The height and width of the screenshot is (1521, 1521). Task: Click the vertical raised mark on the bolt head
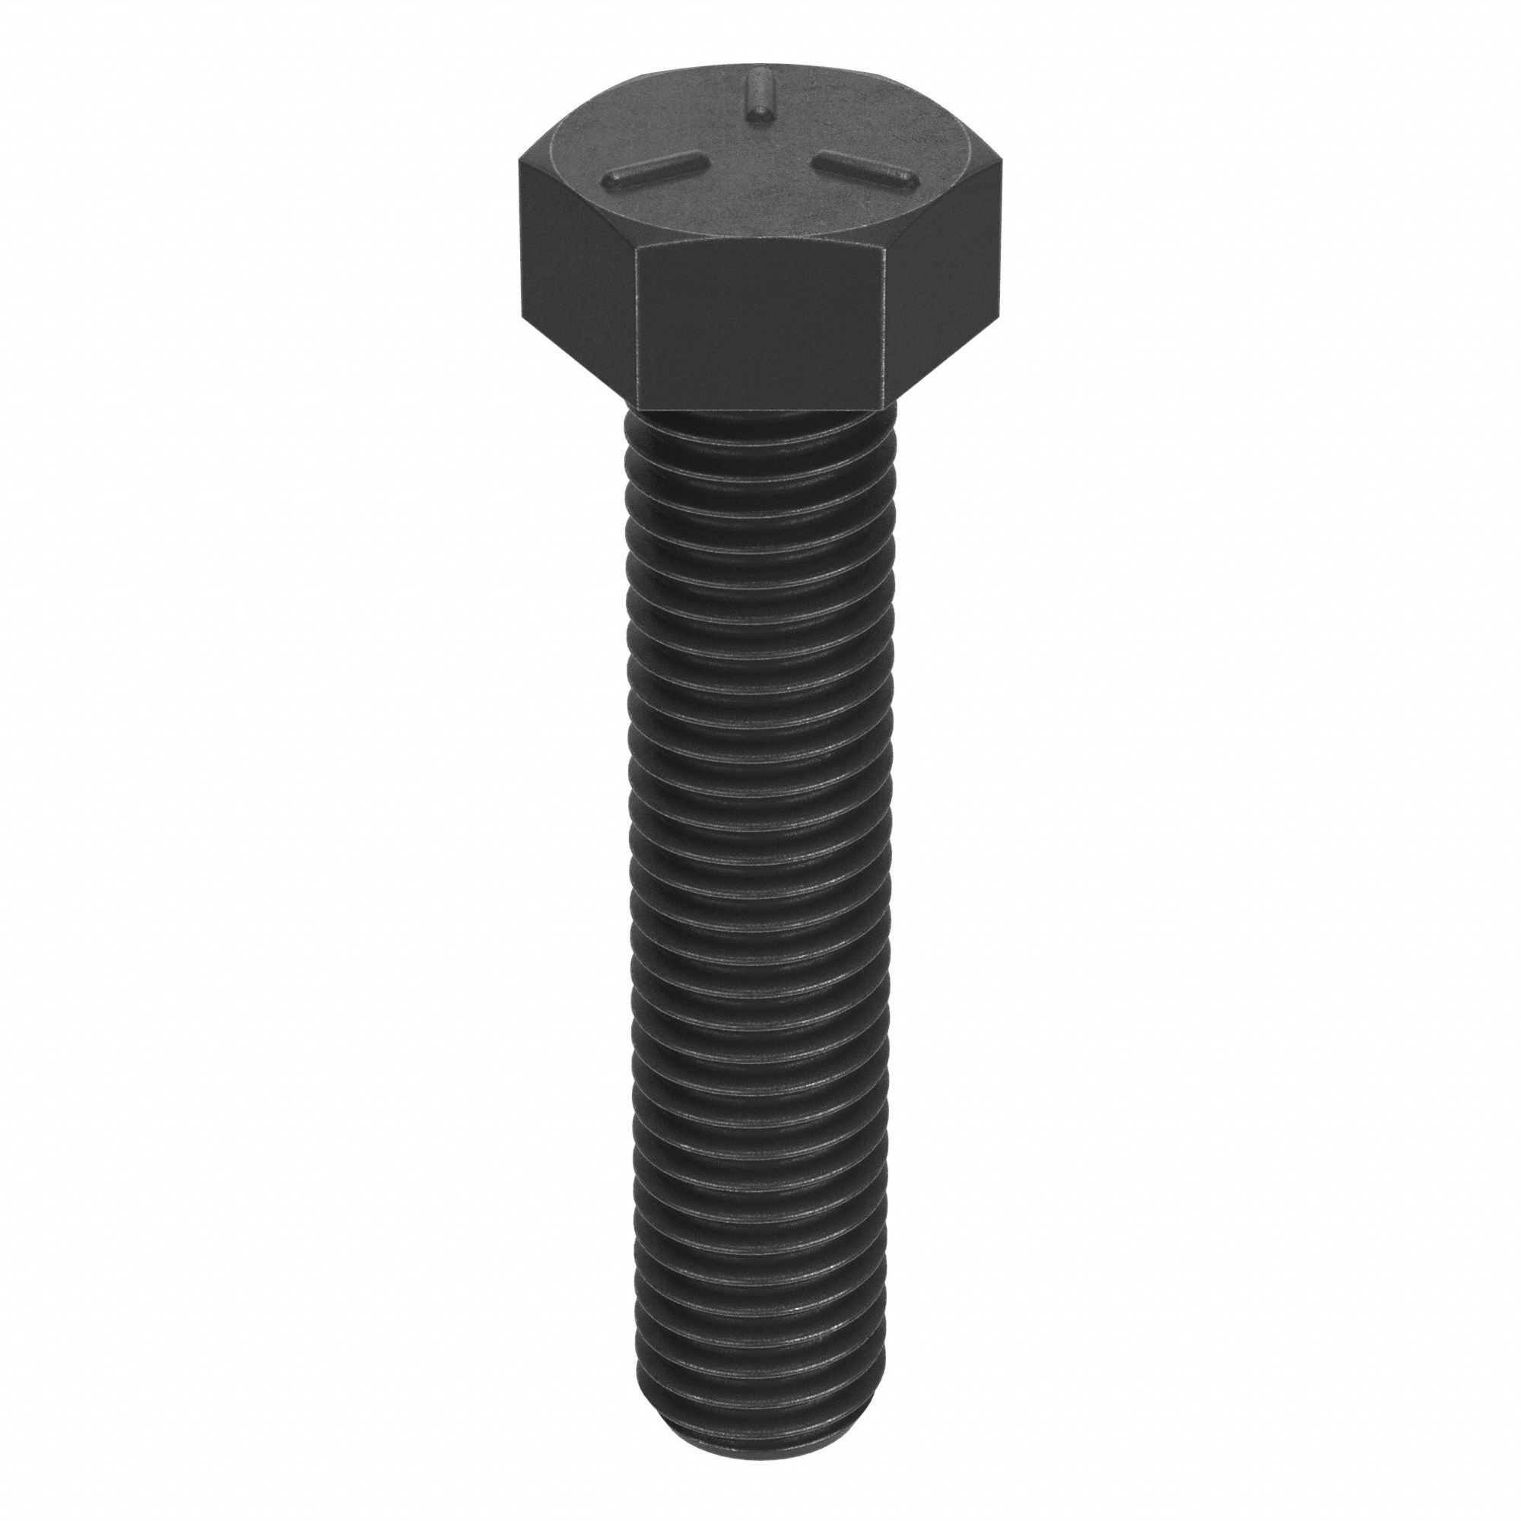tap(760, 95)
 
